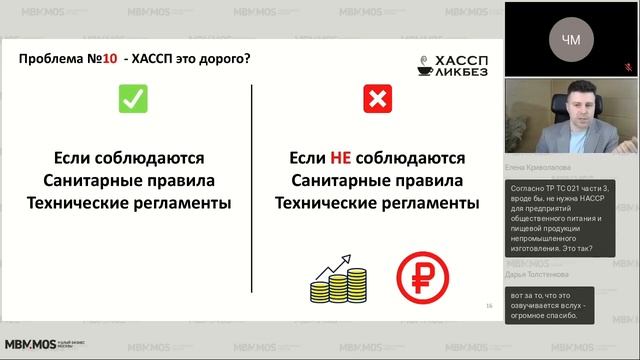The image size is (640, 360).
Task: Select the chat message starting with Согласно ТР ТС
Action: [557, 225]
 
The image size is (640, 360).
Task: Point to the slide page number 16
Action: [488, 306]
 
